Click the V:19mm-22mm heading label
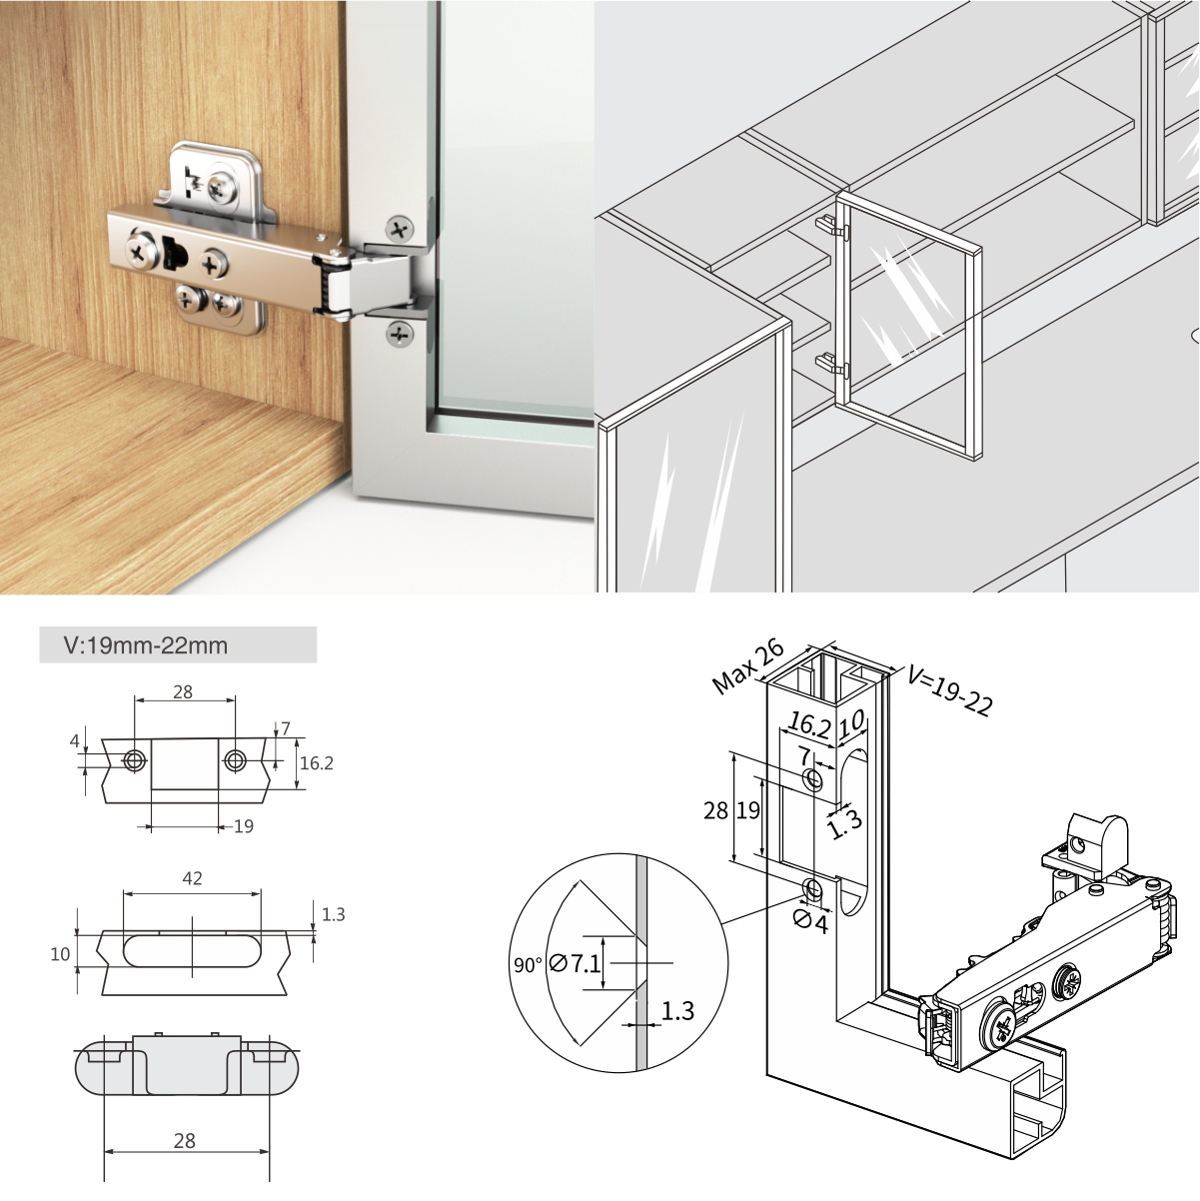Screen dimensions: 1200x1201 (x=146, y=645)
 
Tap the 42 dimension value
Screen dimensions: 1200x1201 (x=192, y=878)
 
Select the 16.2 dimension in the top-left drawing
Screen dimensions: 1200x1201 (x=317, y=762)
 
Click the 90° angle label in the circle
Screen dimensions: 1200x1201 (x=528, y=965)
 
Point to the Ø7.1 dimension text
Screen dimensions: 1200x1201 (x=575, y=964)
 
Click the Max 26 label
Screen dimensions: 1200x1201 (x=748, y=666)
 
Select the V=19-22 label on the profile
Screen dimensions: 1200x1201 (x=949, y=691)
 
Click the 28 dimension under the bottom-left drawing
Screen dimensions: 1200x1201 (x=185, y=1140)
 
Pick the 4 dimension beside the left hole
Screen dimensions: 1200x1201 (x=75, y=741)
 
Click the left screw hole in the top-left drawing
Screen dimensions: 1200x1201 (x=134, y=760)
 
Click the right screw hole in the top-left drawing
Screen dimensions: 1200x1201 (x=235, y=760)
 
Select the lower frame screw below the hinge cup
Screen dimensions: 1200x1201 (x=400, y=334)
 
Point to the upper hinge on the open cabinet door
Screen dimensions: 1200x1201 (x=832, y=228)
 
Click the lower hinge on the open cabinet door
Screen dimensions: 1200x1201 (x=832, y=366)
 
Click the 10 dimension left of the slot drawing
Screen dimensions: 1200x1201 (x=61, y=954)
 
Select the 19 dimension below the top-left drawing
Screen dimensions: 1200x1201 (x=244, y=826)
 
